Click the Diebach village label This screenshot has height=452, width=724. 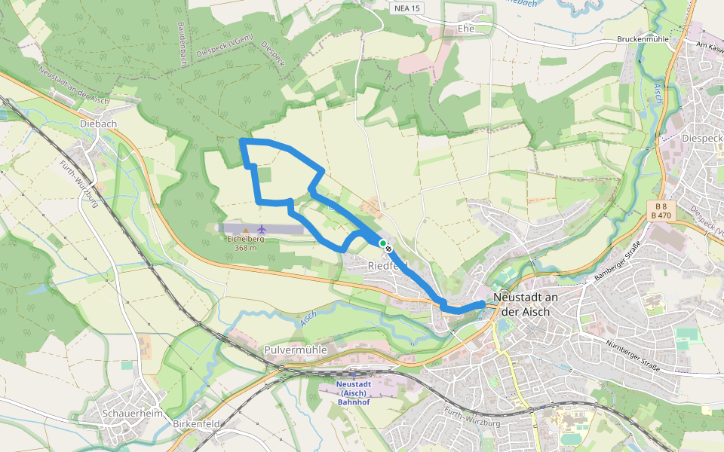tap(95, 125)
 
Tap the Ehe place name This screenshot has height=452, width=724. tap(466, 29)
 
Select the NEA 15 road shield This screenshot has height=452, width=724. tap(408, 8)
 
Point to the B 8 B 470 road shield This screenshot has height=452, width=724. tap(662, 210)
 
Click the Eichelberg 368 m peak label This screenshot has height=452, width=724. tap(244, 243)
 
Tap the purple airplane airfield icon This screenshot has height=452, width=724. tap(262, 229)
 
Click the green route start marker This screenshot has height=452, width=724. tap(383, 243)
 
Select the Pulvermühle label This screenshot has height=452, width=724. tap(295, 350)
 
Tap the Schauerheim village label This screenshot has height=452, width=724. tap(133, 414)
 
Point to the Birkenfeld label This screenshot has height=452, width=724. tap(195, 424)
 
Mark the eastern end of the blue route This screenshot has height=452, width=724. tap(482, 303)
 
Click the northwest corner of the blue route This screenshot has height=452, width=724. tap(241, 141)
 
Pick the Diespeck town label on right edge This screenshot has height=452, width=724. tap(701, 139)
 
